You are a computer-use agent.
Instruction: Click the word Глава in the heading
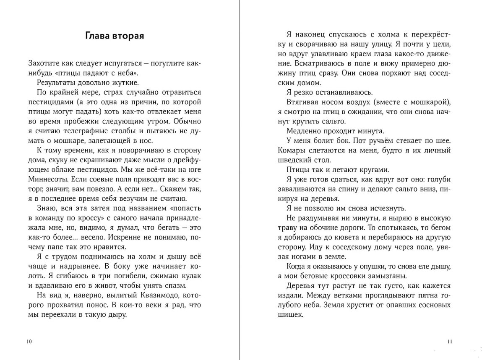pyautogui.click(x=97, y=36)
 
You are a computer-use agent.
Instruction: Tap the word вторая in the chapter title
pyautogui.click(x=128, y=36)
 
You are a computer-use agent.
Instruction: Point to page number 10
pyautogui.click(x=29, y=341)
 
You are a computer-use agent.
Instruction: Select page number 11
pyautogui.click(x=450, y=341)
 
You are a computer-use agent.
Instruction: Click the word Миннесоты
pyautogui.click(x=47, y=179)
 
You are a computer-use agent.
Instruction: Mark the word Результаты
pyautogui.click(x=56, y=82)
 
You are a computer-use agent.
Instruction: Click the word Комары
pyautogui.click(x=293, y=150)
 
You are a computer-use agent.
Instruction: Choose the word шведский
pyautogui.click(x=294, y=160)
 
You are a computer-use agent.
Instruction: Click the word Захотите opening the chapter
pyautogui.click(x=44, y=63)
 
